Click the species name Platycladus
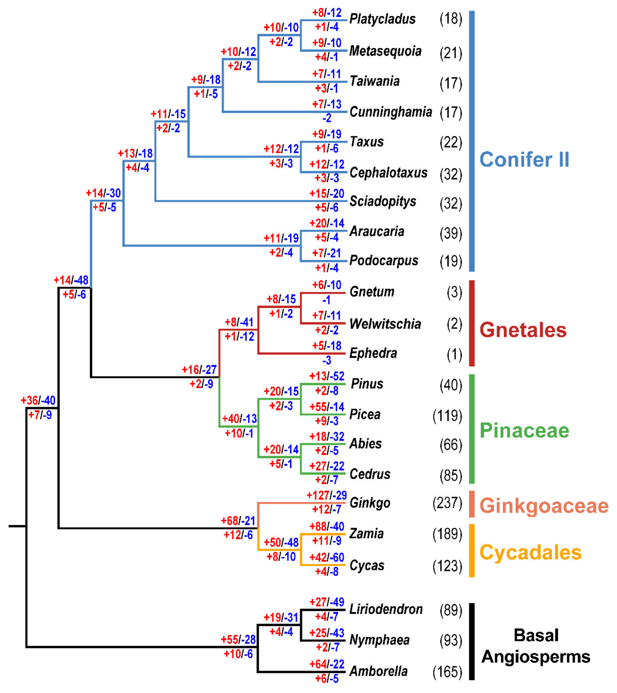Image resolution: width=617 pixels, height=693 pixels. [x=382, y=19]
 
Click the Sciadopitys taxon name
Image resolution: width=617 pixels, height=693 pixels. [x=383, y=201]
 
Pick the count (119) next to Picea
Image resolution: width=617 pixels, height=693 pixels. [x=447, y=416]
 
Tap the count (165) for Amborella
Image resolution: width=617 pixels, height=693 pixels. [x=447, y=672]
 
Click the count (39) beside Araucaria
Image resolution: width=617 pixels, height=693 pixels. [x=451, y=233]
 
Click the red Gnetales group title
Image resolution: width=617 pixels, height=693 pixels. [x=523, y=330]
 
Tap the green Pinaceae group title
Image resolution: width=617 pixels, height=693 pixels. [x=524, y=430]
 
